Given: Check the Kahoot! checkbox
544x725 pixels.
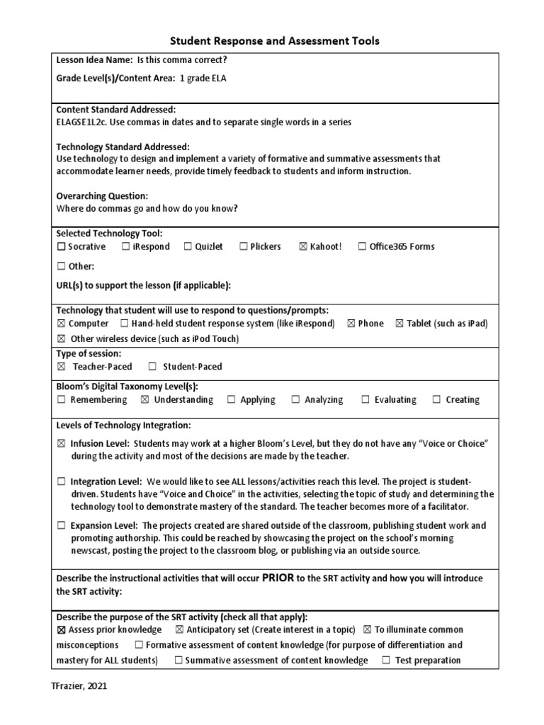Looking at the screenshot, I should pyautogui.click(x=303, y=247).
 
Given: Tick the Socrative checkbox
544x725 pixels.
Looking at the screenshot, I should pyautogui.click(x=61, y=247).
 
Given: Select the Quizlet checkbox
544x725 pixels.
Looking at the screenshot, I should pyautogui.click(x=188, y=247).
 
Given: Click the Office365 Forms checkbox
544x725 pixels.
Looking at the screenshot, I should pyautogui.click(x=362, y=247).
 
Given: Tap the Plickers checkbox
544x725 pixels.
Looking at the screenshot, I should pyautogui.click(x=243, y=247).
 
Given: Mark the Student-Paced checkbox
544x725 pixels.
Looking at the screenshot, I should pyautogui.click(x=152, y=367).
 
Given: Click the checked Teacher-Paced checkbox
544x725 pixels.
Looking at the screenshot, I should pyautogui.click(x=61, y=367).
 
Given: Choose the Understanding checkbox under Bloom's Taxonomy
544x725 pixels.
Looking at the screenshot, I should pyautogui.click(x=145, y=400).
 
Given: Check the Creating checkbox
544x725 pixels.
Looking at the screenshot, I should pyautogui.click(x=437, y=400).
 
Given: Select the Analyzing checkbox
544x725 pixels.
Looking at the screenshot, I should pyautogui.click(x=295, y=400).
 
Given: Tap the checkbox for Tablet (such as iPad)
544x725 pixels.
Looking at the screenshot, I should pyautogui.click(x=399, y=324).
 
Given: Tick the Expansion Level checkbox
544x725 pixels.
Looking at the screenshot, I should pyautogui.click(x=61, y=526).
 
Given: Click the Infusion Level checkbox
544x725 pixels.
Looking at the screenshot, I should pyautogui.click(x=61, y=444).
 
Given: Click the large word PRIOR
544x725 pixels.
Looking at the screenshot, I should pyautogui.click(x=278, y=578).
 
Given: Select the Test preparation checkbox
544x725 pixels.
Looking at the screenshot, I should pyautogui.click(x=386, y=661).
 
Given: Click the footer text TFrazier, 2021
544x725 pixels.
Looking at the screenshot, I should pyautogui.click(x=79, y=686).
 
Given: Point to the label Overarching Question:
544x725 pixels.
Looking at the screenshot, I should pyautogui.click(x=102, y=195).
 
